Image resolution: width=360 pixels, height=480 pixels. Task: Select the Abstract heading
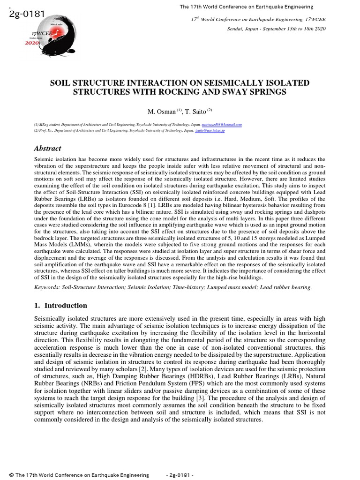[x=47, y=149]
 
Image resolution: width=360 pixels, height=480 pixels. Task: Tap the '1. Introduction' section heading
[x=60, y=306]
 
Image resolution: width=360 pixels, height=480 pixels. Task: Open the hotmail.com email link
[x=221, y=125]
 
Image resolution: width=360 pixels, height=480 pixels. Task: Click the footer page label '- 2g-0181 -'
[x=180, y=475]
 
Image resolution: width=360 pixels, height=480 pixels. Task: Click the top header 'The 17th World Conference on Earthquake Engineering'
[x=247, y=7]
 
